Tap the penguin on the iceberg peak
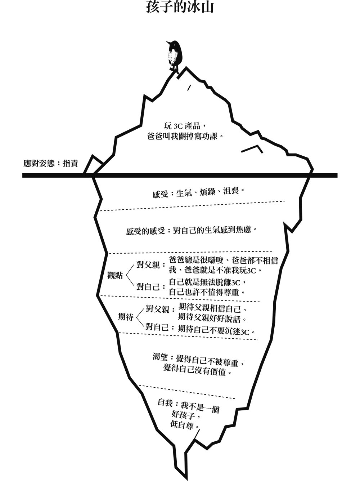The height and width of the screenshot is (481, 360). [175, 55]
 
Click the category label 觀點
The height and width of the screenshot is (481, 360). [115, 276]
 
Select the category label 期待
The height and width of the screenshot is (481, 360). [126, 317]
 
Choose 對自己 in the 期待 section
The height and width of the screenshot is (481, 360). [157, 328]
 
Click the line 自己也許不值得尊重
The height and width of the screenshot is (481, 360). [207, 292]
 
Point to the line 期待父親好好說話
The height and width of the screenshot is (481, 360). [212, 319]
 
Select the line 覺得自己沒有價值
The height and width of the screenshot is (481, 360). [197, 371]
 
